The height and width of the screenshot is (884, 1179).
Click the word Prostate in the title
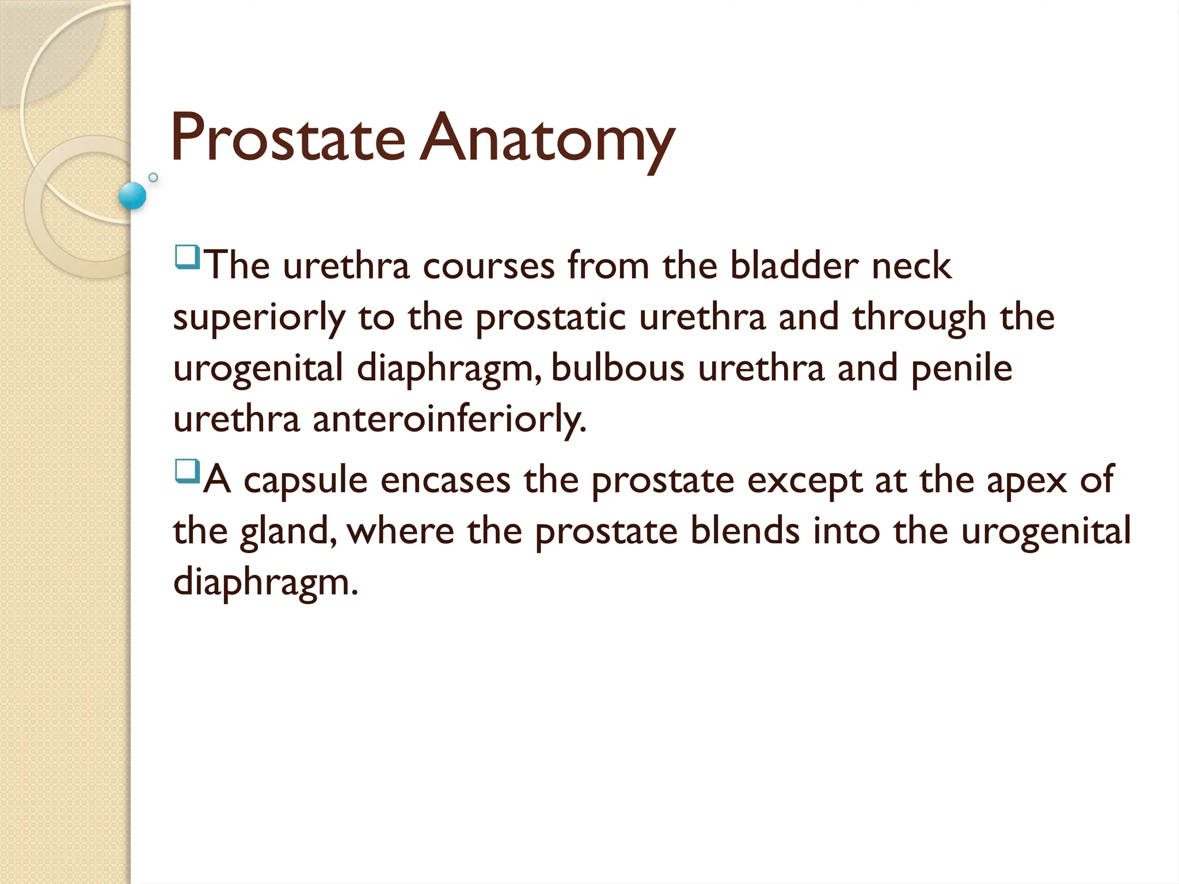click(x=288, y=138)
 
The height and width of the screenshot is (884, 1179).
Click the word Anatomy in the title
click(x=547, y=141)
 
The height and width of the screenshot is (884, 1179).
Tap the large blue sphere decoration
click(x=132, y=196)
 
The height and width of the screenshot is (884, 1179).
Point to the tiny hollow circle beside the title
click(x=153, y=177)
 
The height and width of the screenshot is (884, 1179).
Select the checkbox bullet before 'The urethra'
click(x=187, y=257)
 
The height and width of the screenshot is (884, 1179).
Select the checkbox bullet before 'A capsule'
click(x=187, y=471)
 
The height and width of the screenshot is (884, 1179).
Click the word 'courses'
click(x=489, y=266)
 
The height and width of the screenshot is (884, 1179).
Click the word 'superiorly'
click(x=259, y=318)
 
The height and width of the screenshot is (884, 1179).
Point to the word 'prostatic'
click(x=550, y=318)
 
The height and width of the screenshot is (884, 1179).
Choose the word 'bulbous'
click(x=618, y=368)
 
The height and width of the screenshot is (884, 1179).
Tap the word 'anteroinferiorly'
click(x=449, y=419)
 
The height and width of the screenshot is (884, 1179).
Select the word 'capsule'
click(x=305, y=481)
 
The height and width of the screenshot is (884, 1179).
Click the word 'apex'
click(x=1027, y=481)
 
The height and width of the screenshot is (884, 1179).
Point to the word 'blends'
click(x=745, y=531)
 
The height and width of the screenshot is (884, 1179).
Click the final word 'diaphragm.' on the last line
click(x=265, y=582)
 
